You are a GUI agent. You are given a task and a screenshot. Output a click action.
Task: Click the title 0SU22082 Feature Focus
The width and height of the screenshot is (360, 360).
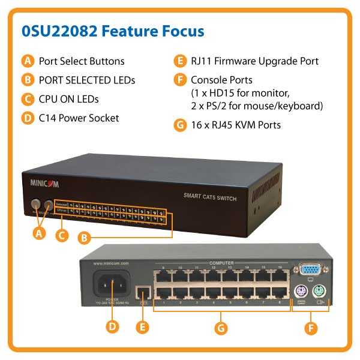click(x=112, y=31)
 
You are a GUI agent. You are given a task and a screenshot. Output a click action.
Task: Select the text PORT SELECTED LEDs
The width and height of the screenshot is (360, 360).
click(x=87, y=80)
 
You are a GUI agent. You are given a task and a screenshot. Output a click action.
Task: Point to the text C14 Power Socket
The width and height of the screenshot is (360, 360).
click(x=79, y=118)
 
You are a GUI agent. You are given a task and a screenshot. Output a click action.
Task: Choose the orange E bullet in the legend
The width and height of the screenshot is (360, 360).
click(x=179, y=61)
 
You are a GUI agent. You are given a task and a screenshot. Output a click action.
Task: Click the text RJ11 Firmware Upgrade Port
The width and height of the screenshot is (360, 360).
click(x=254, y=61)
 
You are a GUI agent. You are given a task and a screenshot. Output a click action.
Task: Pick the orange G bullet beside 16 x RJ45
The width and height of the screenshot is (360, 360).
click(x=179, y=125)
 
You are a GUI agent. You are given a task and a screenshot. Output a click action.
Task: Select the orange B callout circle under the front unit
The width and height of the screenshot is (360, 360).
click(x=85, y=238)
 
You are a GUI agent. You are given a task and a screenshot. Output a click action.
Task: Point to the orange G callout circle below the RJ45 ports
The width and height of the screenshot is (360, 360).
click(x=221, y=328)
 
